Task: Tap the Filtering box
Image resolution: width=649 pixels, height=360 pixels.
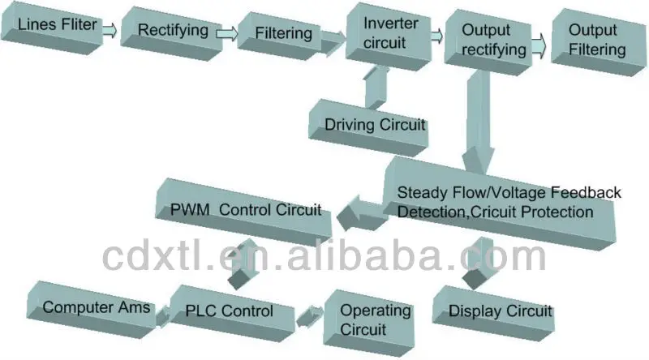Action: (x=284, y=34)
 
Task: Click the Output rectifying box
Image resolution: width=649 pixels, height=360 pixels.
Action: (x=485, y=39)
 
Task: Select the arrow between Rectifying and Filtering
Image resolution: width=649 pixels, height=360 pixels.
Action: (x=227, y=33)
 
